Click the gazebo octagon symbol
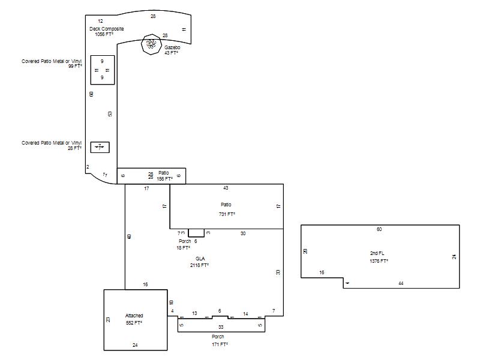[x=151, y=44]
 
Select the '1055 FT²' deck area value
[x=104, y=35]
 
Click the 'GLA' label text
[x=200, y=259]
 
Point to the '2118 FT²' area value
[x=199, y=265]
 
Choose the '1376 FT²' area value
[x=379, y=261]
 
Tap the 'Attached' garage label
[x=134, y=316]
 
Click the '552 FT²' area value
[x=134, y=323]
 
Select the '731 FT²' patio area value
[x=226, y=214]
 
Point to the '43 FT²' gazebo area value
[x=172, y=53]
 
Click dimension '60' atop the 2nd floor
[x=379, y=229]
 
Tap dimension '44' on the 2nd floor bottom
[x=401, y=283]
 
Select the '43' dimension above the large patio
[x=226, y=188]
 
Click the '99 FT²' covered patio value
[x=75, y=66]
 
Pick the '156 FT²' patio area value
[x=164, y=178]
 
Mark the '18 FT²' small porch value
[x=183, y=247]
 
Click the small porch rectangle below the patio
[x=196, y=233]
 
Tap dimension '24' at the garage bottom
[x=135, y=345]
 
